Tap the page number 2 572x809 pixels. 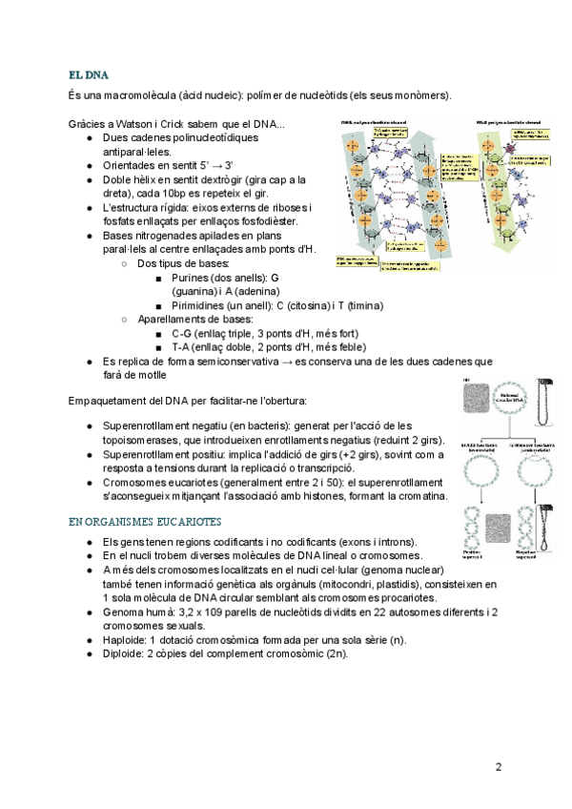498,766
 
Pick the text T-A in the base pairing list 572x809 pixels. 181,347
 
